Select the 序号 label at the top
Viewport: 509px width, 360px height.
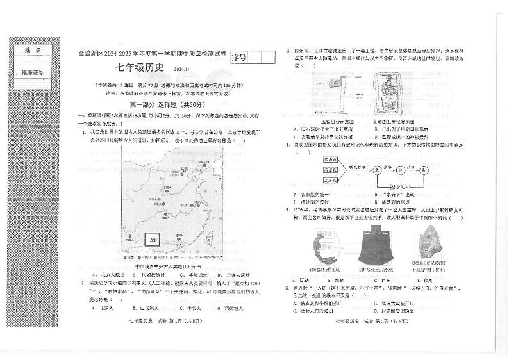tap(238, 58)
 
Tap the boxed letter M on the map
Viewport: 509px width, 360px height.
tap(153, 240)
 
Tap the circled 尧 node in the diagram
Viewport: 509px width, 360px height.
tap(377, 170)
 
